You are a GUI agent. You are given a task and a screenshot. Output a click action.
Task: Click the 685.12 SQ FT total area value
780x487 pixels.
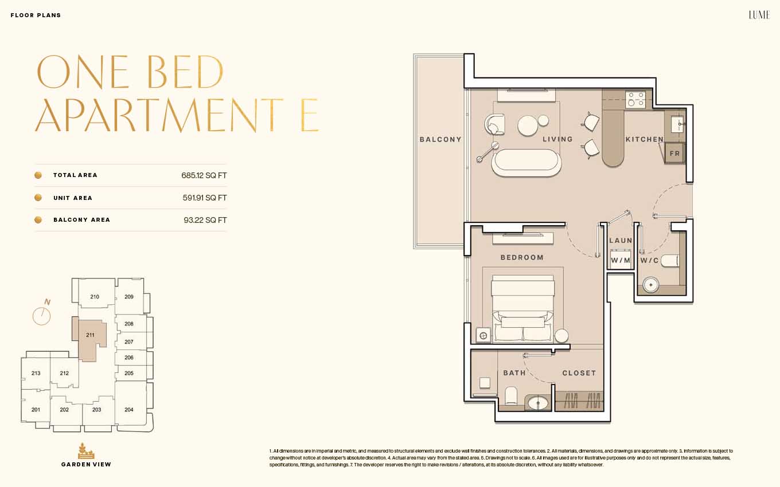tap(204, 175)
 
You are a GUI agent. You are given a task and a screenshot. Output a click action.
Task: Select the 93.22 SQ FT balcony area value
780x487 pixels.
tap(205, 220)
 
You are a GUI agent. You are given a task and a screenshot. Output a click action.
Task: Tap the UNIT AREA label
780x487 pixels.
tap(73, 198)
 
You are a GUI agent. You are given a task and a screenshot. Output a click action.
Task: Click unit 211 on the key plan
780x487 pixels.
tap(90, 335)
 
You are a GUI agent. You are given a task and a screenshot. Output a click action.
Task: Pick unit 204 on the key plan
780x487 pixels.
tap(129, 410)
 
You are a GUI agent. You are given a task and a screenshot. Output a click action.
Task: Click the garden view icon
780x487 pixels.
tap(86, 451)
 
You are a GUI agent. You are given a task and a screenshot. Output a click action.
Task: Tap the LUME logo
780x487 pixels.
tap(759, 15)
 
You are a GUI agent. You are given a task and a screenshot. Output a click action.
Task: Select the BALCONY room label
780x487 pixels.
tap(440, 139)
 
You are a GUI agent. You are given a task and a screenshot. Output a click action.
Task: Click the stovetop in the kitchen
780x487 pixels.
tap(635, 99)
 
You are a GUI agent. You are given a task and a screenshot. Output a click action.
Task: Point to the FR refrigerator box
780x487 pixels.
tap(674, 154)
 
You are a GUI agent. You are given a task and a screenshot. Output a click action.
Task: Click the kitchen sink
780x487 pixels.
tap(678, 124)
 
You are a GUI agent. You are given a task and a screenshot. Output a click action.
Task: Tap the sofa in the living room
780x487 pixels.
tap(526, 163)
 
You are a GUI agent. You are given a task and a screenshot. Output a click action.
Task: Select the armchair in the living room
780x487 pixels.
tap(495, 124)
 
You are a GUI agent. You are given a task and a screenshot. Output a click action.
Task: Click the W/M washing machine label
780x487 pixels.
tap(621, 260)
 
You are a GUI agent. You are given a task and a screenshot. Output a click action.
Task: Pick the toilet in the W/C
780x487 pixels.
tap(670, 261)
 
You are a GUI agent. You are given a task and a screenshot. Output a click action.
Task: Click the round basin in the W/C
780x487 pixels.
tap(650, 285)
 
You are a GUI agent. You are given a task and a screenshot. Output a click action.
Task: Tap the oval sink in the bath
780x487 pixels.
tap(538, 403)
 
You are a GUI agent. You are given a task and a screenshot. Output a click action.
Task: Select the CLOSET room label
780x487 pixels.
tap(579, 373)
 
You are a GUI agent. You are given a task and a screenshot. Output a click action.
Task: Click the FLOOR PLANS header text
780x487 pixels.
tap(36, 15)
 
